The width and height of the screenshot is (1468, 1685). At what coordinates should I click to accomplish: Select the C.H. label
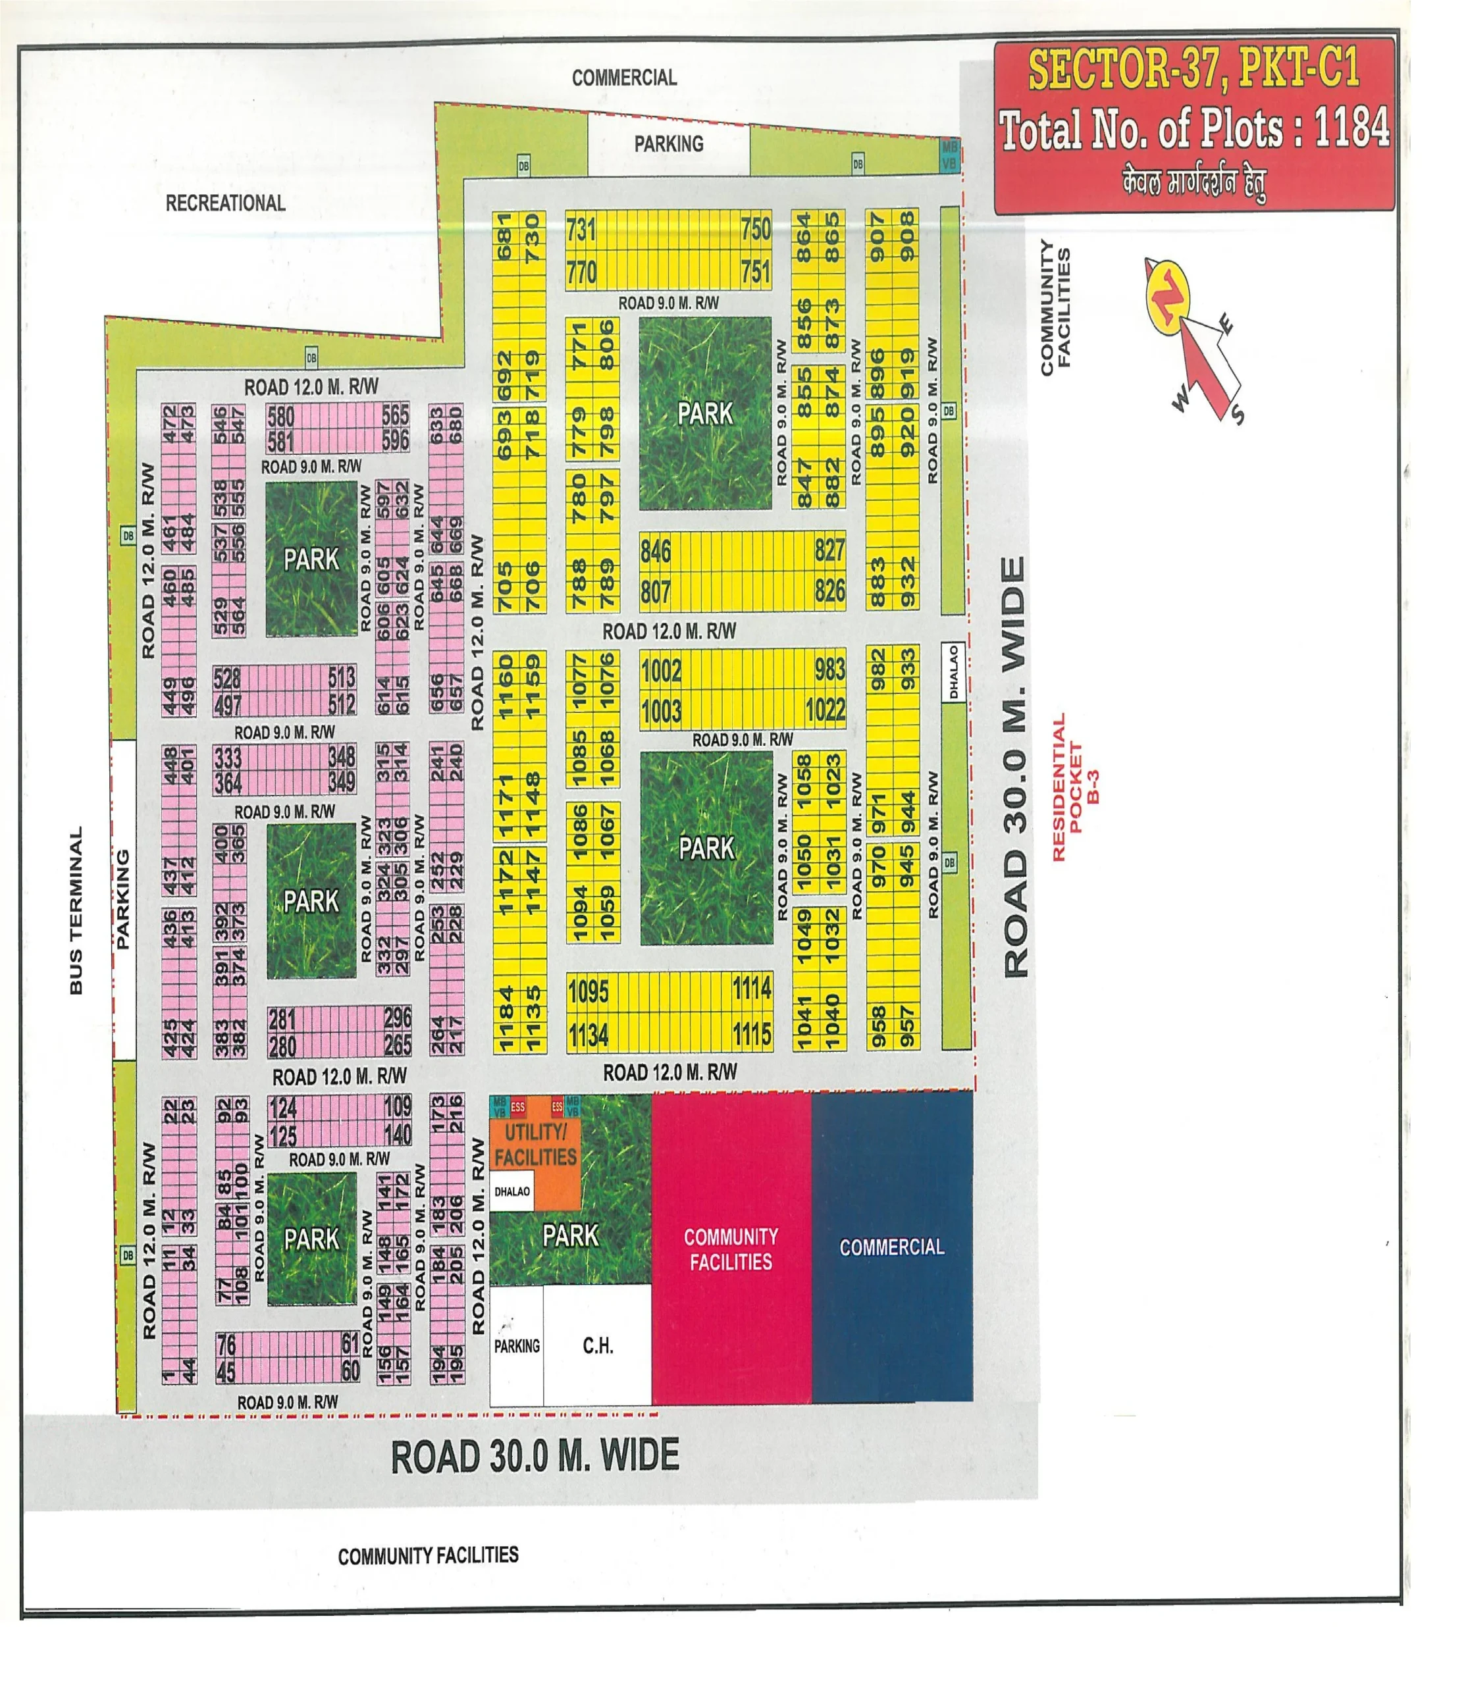click(x=598, y=1345)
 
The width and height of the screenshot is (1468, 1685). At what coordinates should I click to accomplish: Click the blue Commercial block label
click(x=891, y=1247)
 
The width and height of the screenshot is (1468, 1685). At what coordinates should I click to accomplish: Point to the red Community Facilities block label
click(x=731, y=1249)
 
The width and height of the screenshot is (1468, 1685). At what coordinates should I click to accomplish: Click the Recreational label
click(x=225, y=203)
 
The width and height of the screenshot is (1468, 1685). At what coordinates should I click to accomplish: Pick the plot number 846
click(x=656, y=552)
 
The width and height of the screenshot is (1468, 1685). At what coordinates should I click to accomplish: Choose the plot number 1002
click(x=661, y=671)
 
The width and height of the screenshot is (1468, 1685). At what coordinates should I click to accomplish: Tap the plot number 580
click(x=281, y=415)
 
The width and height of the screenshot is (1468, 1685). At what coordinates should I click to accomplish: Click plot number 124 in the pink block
click(x=282, y=1108)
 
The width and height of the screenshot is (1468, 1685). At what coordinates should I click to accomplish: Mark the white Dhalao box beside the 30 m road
click(x=953, y=673)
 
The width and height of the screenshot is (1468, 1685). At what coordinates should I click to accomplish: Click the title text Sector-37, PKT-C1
click(x=1193, y=68)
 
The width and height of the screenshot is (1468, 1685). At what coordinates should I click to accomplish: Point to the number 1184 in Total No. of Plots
click(x=1351, y=128)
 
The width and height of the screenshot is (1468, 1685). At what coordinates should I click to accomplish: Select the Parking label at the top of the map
click(x=668, y=144)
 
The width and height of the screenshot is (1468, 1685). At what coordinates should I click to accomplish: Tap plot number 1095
click(x=588, y=992)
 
